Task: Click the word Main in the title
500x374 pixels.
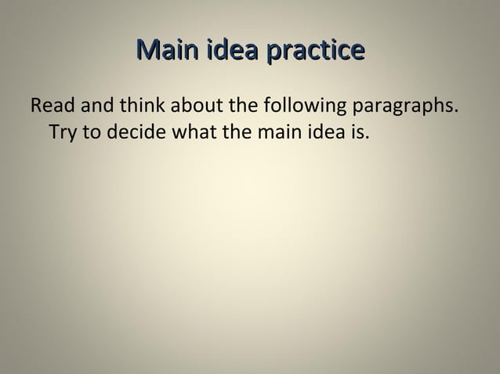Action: [x=168, y=52]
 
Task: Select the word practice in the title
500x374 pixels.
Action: [x=316, y=53]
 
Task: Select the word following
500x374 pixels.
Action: [x=297, y=106]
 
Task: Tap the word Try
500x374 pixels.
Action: [x=62, y=130]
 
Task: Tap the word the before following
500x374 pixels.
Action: [x=241, y=105]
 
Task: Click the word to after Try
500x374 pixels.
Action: [x=89, y=130]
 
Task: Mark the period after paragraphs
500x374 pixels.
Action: [x=456, y=110]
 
